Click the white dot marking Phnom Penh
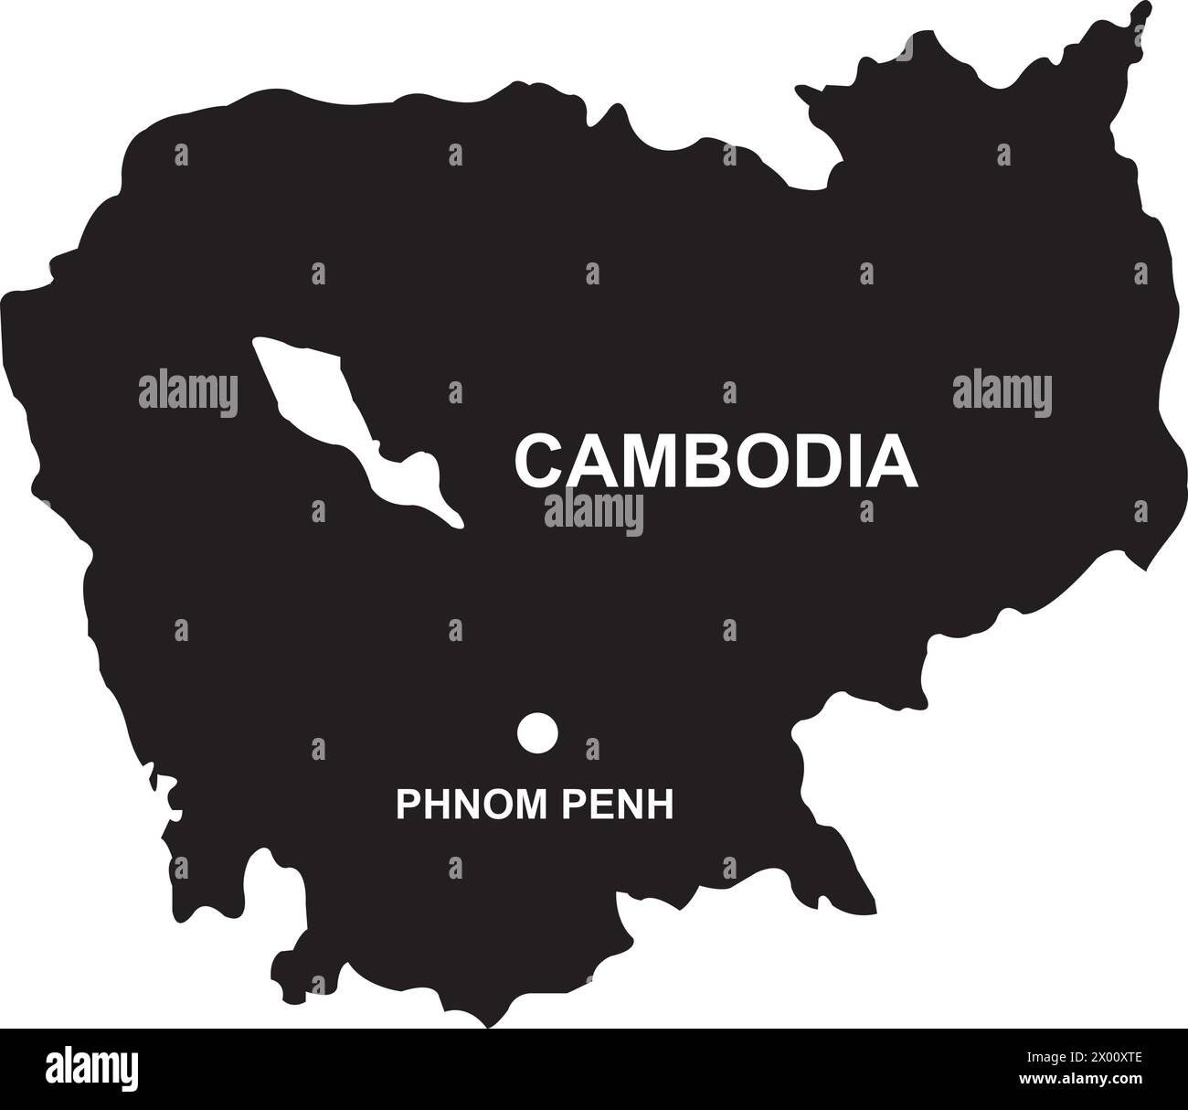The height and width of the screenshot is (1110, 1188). tap(537, 732)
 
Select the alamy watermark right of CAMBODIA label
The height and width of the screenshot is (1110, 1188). tap(1002, 393)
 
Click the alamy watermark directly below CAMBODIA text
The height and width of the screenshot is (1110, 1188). tap(594, 512)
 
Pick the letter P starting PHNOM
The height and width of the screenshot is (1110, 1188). tap(404, 805)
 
